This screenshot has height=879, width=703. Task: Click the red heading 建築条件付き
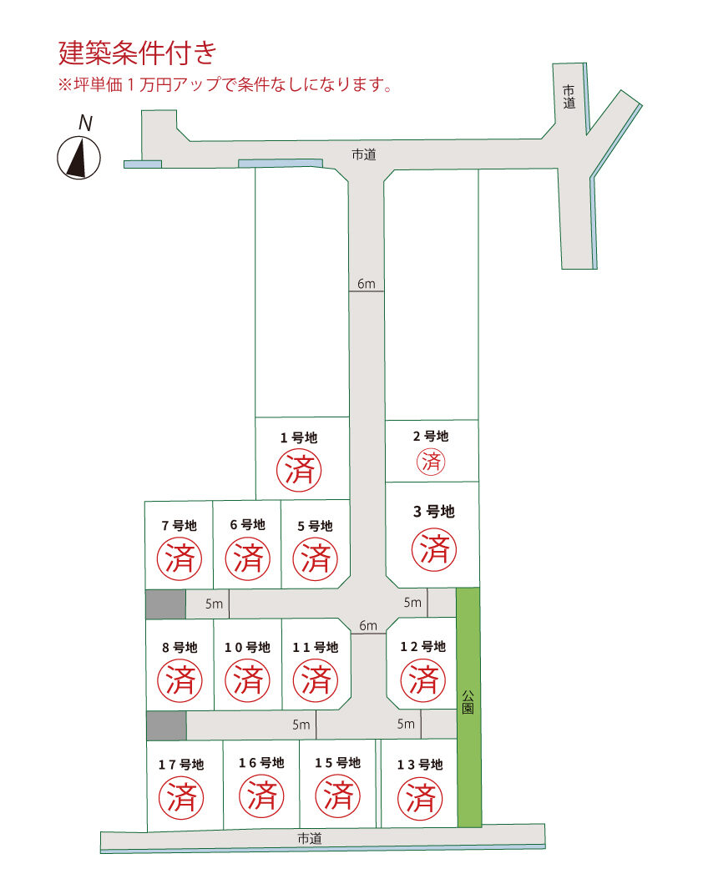[138, 53]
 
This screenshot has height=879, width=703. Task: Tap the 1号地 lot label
[299, 437]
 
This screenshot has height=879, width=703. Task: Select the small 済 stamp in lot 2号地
[431, 462]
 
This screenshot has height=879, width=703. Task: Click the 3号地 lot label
[434, 511]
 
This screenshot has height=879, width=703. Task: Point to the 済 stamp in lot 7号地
[180, 558]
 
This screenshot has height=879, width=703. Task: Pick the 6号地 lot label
[247, 525]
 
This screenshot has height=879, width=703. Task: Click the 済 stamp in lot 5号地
[316, 559]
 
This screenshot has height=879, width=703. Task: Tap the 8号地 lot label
[180, 648]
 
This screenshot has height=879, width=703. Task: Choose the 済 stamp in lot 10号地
[247, 679]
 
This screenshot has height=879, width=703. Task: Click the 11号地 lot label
[316, 648]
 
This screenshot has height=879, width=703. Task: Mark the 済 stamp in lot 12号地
[423, 679]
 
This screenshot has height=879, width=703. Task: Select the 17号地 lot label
[181, 764]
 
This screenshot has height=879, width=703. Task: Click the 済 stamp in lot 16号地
[261, 796]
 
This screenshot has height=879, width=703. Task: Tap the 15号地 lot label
[337, 763]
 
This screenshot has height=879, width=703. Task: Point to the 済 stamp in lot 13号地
[420, 798]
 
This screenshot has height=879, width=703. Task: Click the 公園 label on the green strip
[468, 702]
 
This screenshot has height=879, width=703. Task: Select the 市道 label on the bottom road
[310, 839]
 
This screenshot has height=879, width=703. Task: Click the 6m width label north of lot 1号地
[366, 284]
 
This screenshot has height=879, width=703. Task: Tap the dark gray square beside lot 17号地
[166, 725]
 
